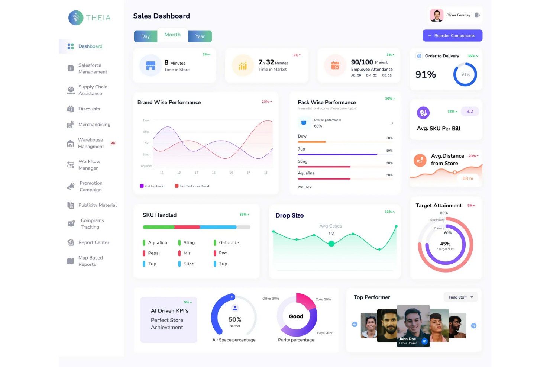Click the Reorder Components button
tap(452, 36)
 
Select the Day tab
tap(145, 36)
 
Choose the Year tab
tap(200, 36)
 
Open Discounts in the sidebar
tap(89, 109)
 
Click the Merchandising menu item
tap(94, 125)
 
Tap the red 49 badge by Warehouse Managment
tap(113, 143)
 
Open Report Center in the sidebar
tap(94, 242)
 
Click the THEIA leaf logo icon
tap(76, 18)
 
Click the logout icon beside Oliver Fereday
tap(478, 15)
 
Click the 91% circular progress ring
tap(465, 74)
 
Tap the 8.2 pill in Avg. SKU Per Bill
tap(470, 112)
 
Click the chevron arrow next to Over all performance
tap(392, 123)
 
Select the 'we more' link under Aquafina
tap(305, 187)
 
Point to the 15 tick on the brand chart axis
tap(214, 173)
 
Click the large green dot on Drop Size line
tap(331, 244)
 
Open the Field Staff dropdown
tap(461, 297)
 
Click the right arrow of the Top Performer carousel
tap(474, 326)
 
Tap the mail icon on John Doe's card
tap(425, 341)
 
